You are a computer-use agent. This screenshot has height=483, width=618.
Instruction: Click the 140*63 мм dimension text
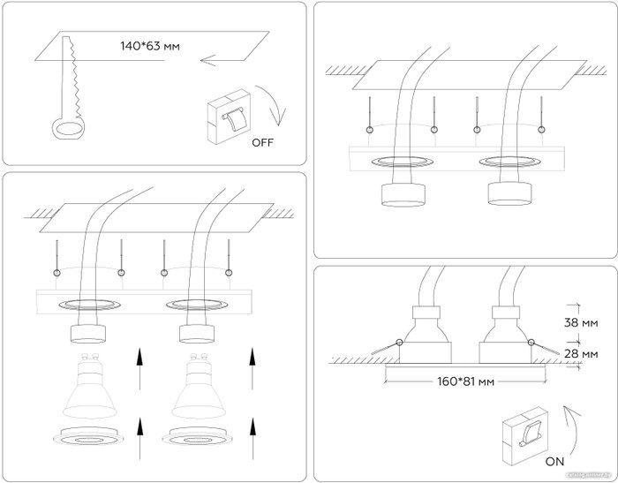[150, 44]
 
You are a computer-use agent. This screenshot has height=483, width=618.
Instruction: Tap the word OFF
[264, 141]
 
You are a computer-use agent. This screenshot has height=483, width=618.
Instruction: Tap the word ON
[554, 459]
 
